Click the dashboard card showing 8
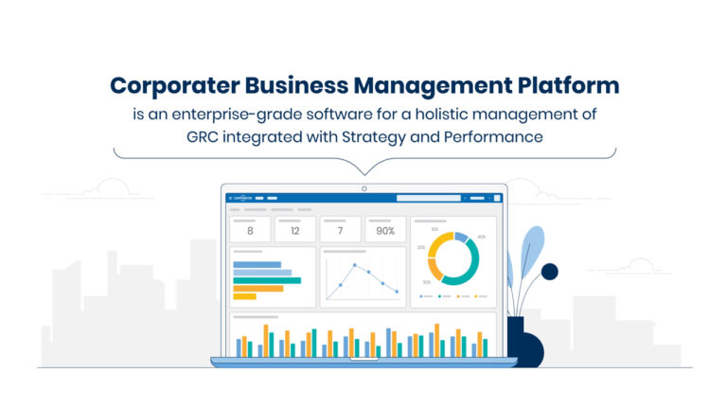click(250, 229)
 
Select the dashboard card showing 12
click(295, 229)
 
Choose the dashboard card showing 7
click(340, 229)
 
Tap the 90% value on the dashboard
click(385, 230)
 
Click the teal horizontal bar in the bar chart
click(267, 280)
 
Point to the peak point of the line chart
click(352, 266)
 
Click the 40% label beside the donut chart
click(481, 237)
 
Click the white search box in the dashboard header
click(428, 198)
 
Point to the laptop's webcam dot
click(363, 188)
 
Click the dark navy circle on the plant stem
click(549, 272)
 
